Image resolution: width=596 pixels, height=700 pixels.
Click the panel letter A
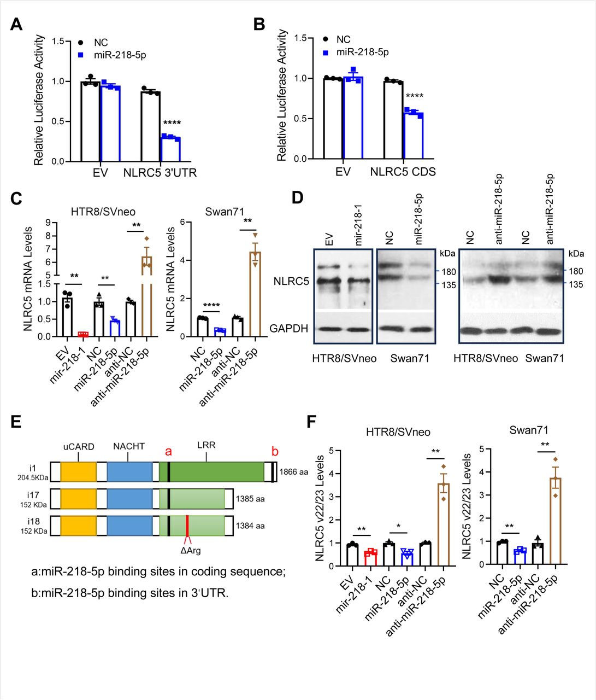pos(16,25)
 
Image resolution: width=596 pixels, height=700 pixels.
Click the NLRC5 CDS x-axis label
pos(403,173)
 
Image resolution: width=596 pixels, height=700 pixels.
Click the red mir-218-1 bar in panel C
pos(83,334)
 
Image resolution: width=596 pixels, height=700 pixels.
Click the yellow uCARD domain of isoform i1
pos(78,471)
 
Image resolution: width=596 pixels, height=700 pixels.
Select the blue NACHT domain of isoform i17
pos(129,499)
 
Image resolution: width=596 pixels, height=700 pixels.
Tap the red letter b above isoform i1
pos(275,452)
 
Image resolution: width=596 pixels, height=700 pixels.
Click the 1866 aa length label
pos(294,471)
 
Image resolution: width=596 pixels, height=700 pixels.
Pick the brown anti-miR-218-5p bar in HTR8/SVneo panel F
pos(443,524)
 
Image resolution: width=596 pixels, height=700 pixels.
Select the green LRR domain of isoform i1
pos(219,471)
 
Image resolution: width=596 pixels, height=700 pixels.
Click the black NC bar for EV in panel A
pos(90,121)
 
